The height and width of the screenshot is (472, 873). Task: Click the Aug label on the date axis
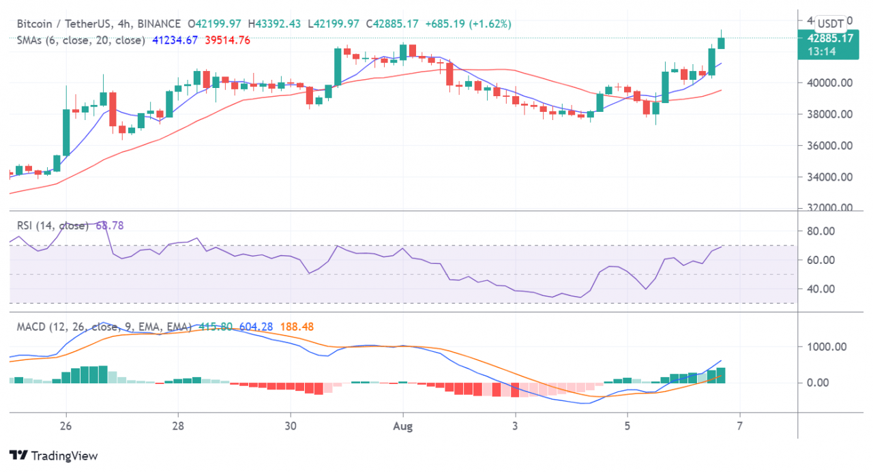[x=403, y=426]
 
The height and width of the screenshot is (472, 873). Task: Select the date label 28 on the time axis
[x=178, y=426]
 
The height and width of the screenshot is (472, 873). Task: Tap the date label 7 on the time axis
[x=739, y=426]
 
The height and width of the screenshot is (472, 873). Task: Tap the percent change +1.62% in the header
[x=490, y=24]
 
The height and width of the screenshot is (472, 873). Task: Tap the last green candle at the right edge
[x=722, y=43]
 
